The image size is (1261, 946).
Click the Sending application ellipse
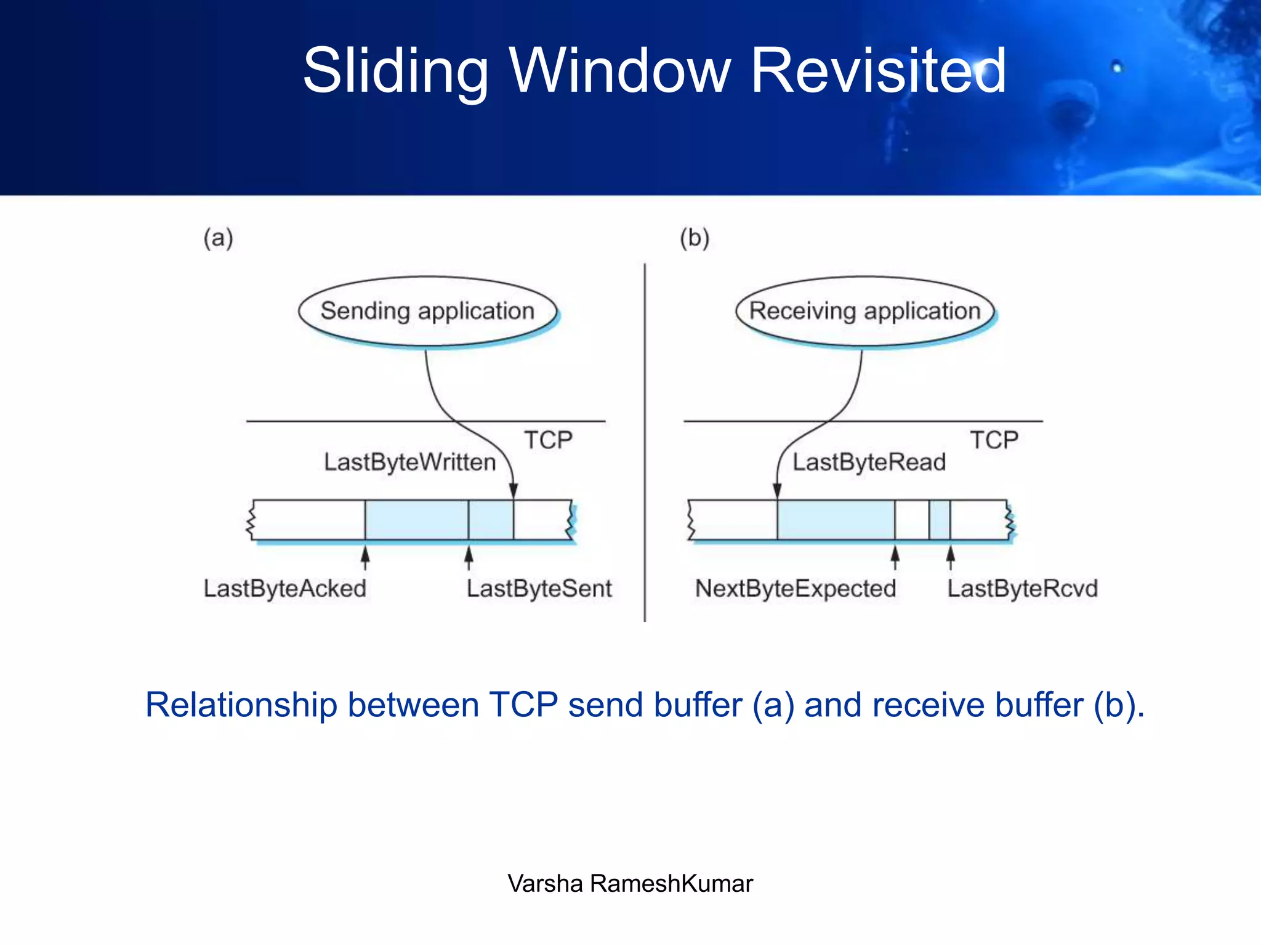[427, 311]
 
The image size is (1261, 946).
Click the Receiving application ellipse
[864, 311]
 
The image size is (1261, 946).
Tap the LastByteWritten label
[409, 462]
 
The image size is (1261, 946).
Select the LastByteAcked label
[284, 588]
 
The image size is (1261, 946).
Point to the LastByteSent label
[539, 588]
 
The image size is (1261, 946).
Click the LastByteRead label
[869, 462]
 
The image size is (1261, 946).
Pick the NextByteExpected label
[796, 588]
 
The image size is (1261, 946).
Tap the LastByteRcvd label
[1022, 588]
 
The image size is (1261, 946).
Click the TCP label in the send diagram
[548, 440]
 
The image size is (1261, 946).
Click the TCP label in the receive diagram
[994, 440]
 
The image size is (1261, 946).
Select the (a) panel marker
[219, 238]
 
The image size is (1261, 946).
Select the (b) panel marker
[695, 238]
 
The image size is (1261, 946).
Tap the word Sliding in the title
[395, 72]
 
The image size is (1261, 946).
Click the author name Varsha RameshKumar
[630, 883]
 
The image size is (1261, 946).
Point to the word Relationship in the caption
[241, 705]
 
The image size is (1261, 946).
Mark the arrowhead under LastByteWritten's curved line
[514, 491]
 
